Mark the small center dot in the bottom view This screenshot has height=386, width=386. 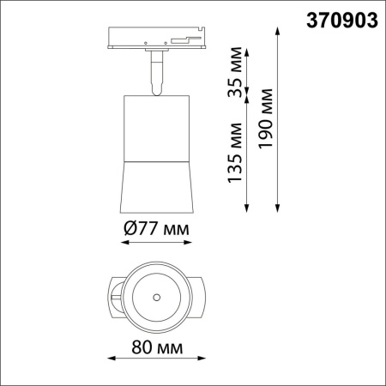coord(157,298)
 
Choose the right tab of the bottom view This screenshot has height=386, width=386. coord(201,298)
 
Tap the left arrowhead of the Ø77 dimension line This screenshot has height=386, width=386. coord(123,243)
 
